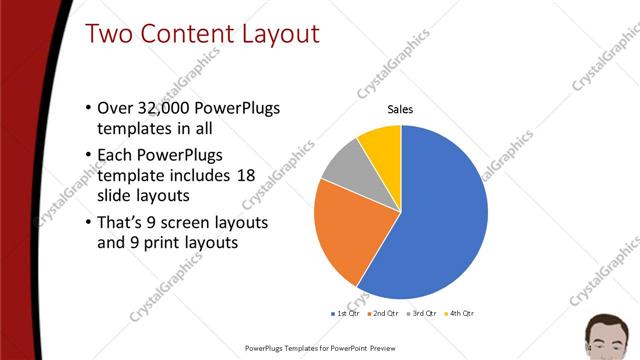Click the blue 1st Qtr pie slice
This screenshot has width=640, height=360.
coord(440,210)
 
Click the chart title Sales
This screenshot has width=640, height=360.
coord(400,109)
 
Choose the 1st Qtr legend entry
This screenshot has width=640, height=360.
coord(347,313)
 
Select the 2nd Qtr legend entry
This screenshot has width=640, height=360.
coord(385,313)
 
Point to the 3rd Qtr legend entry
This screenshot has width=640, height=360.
coord(423,313)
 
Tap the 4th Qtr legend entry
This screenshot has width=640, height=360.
coord(461,313)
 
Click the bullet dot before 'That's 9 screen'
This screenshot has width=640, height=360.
coord(88,221)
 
